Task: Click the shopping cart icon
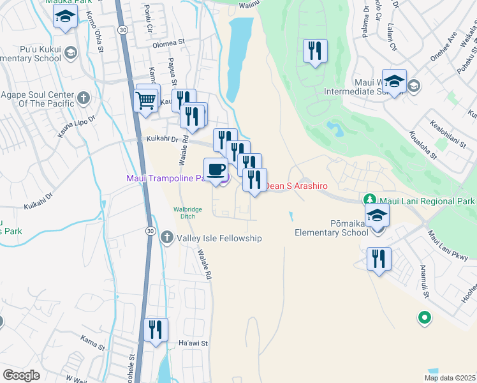pos(147,99)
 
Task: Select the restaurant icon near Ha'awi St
pos(156,330)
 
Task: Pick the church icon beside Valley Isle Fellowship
pos(166,237)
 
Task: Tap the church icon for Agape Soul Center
pos(84,98)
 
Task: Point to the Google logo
pos(21,375)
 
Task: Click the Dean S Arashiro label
pos(296,186)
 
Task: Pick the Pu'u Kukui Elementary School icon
pos(71,53)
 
